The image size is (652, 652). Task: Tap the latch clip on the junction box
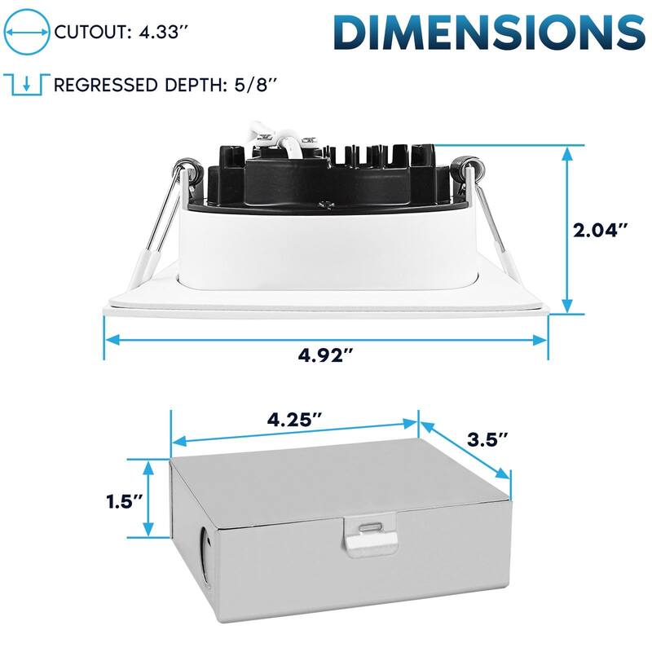point(368,535)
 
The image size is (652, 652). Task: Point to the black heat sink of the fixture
point(326,175)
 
